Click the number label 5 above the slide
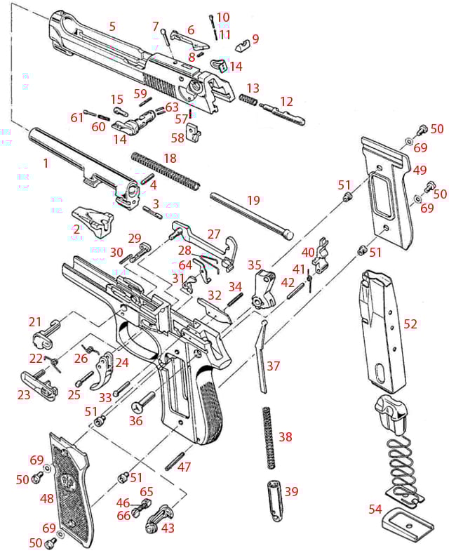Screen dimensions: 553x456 [112, 26]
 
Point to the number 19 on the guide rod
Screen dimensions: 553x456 [253, 200]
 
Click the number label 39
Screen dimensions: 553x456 [290, 492]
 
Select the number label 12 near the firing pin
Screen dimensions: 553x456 [286, 102]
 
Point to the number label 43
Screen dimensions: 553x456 [168, 528]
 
